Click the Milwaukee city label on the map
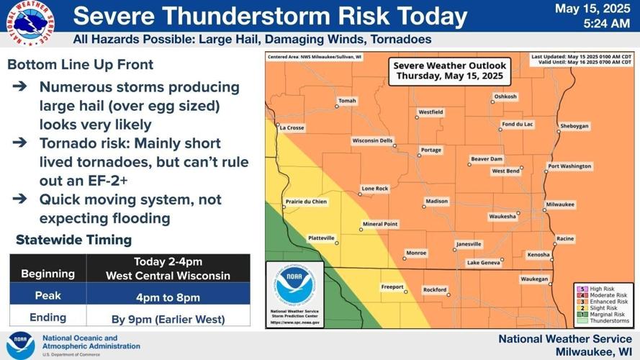560,204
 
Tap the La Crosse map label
292,127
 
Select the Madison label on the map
436,201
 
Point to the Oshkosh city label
505,96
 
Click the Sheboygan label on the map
574,126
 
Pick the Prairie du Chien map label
306,202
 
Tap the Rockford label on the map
435,289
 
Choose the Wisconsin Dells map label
372,140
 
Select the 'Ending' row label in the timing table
48,317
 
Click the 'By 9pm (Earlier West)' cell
168,317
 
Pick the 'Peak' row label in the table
48,296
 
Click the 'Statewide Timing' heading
74,240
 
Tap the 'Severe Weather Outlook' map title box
449,71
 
